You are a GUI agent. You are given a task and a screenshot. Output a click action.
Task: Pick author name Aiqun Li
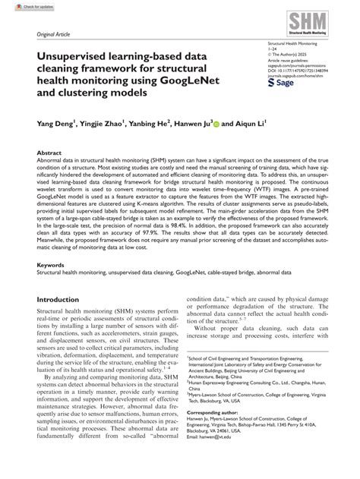[x=248, y=122]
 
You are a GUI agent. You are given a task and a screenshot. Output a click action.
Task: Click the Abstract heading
[x=50, y=153]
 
